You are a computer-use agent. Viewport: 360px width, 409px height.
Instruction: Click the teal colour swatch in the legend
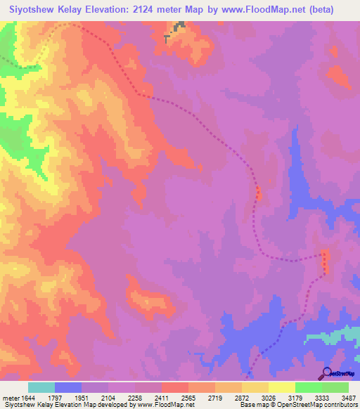(x=41, y=387)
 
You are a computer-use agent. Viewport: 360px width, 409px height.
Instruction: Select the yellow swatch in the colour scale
(x=282, y=387)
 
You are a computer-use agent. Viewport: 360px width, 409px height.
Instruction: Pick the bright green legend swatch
(x=309, y=387)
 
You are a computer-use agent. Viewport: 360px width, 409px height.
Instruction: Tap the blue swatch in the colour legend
(x=68, y=387)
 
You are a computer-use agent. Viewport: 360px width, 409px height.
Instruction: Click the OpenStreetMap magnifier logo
(x=326, y=374)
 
